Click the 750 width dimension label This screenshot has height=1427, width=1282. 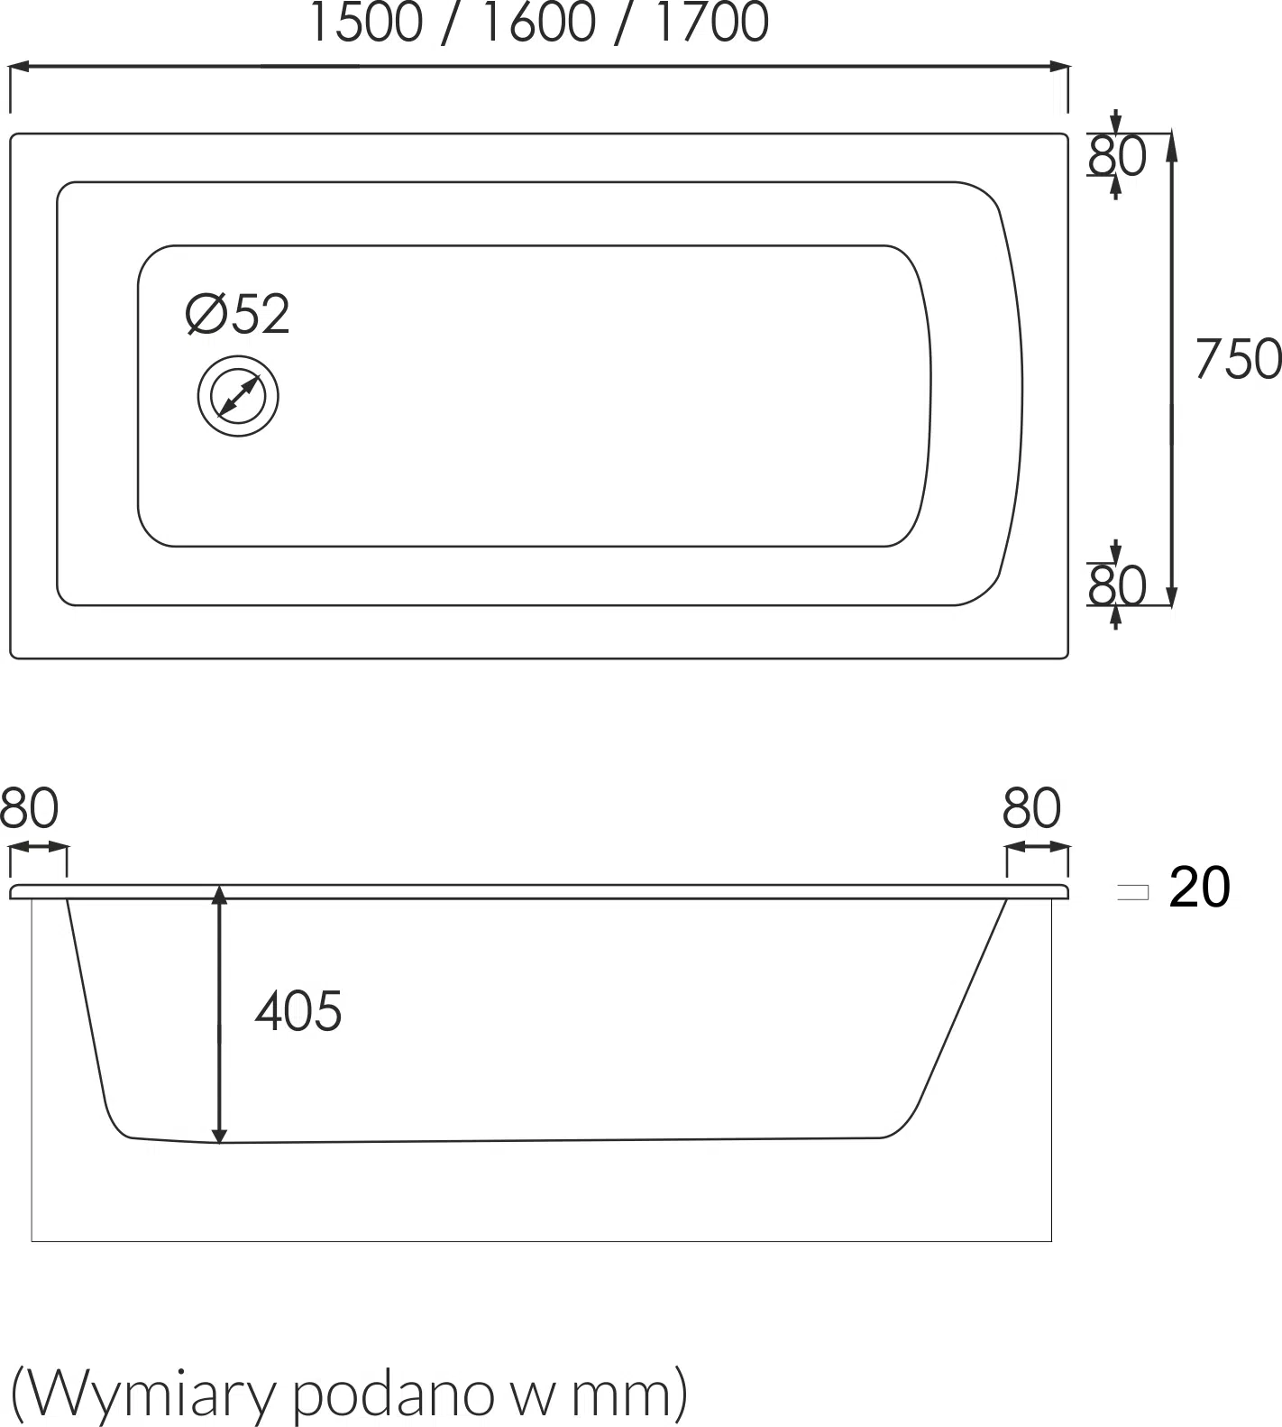[x=1238, y=358]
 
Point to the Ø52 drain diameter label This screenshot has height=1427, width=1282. [x=238, y=314]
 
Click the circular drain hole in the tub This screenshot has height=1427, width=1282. [x=238, y=396]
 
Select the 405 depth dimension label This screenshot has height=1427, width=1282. [x=298, y=1010]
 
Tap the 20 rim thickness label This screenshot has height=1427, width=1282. [x=1199, y=887]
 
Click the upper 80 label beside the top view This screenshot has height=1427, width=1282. [x=1117, y=156]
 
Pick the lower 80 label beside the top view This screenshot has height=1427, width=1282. [x=1117, y=585]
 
